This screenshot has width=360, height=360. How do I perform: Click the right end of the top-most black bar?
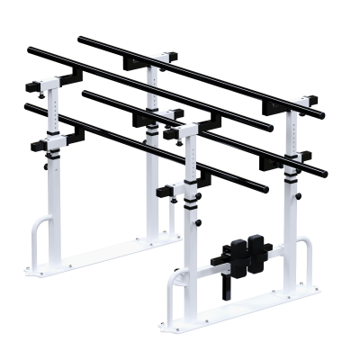click(321, 115)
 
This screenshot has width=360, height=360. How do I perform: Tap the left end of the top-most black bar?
click(81, 39)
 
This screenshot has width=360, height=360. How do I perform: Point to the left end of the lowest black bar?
click(27, 106)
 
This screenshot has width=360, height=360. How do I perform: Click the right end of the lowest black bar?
click(265, 190)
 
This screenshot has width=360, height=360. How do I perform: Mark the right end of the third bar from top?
click(324, 171)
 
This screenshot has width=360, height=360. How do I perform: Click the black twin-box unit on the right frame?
click(247, 254)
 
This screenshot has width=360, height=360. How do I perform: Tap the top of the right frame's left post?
click(187, 129)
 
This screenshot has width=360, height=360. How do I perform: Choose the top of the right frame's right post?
click(293, 101)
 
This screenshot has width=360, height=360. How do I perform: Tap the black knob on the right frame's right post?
click(294, 158)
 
